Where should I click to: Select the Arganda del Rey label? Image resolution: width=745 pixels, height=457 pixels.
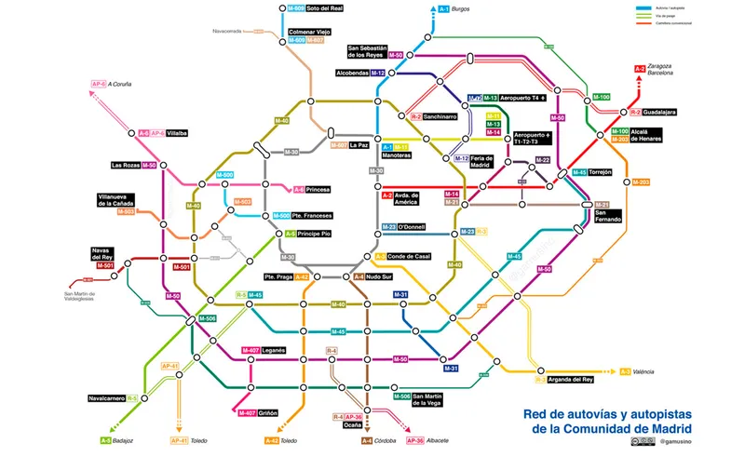tap(571, 380)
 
